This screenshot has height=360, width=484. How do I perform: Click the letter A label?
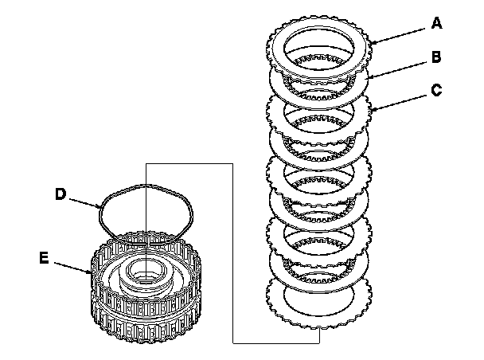[x=435, y=24]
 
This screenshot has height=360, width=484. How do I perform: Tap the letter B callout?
[x=435, y=57]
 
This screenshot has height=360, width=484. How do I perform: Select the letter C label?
[x=435, y=89]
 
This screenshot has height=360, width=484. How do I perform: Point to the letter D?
[x=60, y=193]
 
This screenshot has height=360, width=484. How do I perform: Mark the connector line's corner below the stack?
[x=234, y=342]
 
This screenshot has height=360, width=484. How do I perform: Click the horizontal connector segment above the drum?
[x=191, y=163]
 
